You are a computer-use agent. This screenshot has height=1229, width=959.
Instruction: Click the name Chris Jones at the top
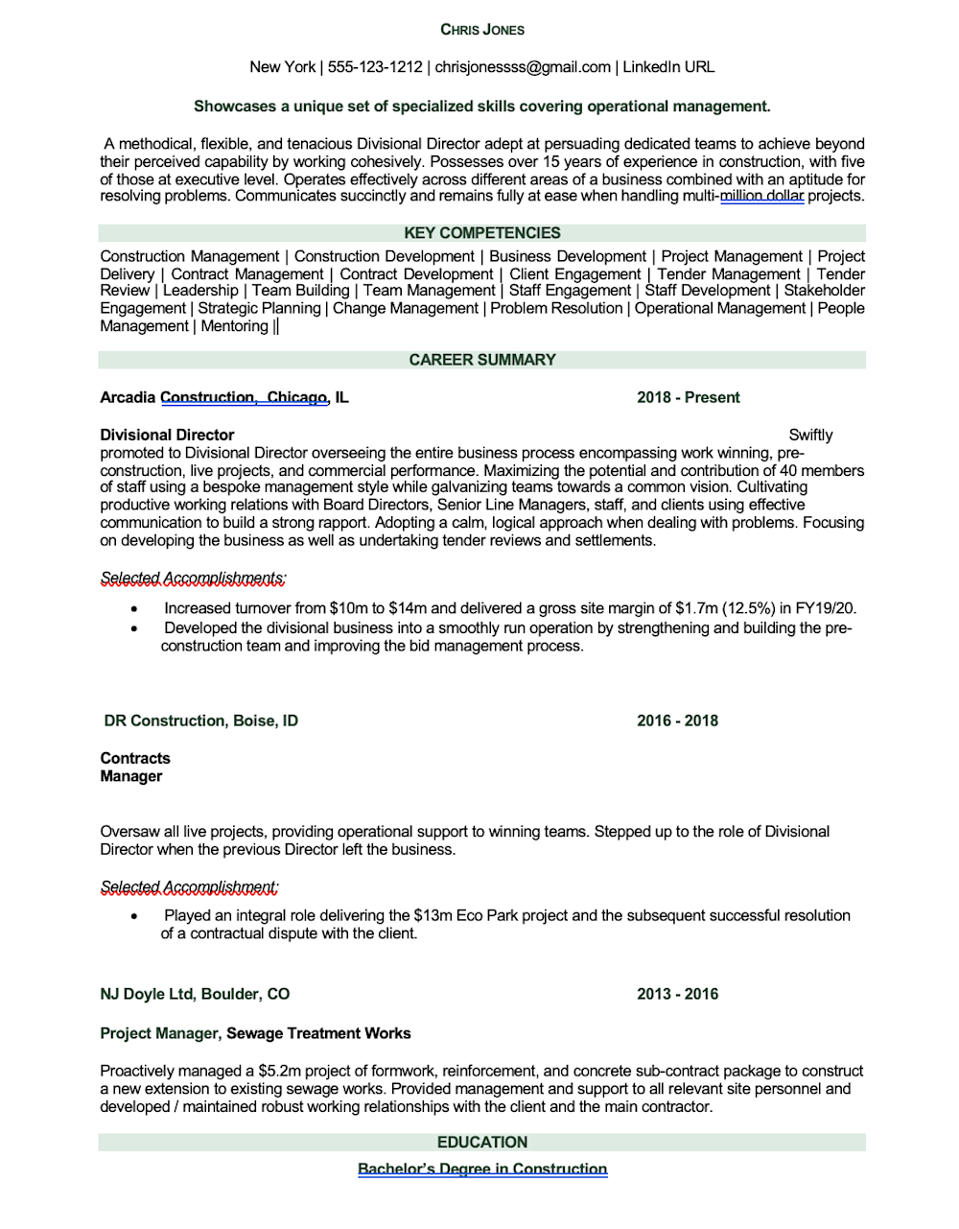[482, 30]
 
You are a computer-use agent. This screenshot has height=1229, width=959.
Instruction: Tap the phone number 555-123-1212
[375, 67]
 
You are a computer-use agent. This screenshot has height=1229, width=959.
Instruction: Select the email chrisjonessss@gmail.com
[523, 67]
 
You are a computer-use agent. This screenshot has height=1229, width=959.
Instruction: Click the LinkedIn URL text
[668, 67]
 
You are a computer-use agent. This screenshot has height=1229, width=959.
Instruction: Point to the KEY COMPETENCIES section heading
[482, 233]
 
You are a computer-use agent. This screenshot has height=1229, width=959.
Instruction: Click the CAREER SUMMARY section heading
[482, 360]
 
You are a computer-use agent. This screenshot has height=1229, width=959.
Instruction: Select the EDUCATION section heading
[482, 1143]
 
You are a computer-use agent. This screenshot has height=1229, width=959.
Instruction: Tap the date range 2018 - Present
[688, 397]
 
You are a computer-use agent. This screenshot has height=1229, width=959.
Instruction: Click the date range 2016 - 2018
[677, 721]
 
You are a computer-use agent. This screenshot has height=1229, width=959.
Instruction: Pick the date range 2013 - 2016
[677, 994]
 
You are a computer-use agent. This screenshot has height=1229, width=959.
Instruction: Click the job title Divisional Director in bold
[167, 435]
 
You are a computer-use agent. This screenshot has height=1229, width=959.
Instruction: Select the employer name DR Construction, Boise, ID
[200, 721]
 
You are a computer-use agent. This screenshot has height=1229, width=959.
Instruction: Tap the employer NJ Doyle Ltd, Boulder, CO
[195, 994]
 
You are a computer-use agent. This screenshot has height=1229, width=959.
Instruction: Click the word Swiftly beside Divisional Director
[810, 435]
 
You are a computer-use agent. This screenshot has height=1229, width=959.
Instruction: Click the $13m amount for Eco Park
[433, 915]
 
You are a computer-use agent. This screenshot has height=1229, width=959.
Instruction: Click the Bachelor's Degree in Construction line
[482, 1169]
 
